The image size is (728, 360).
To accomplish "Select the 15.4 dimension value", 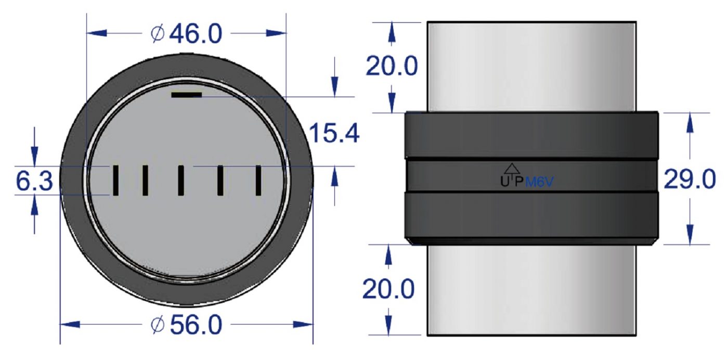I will [334, 134].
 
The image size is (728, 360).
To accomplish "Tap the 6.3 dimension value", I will [34, 182].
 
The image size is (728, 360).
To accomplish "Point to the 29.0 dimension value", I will [690, 181].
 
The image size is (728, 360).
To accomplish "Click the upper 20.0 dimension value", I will [392, 67].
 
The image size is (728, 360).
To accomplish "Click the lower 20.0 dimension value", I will [388, 289].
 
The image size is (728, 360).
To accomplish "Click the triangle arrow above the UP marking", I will [512, 168].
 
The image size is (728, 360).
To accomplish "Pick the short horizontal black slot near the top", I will [186, 95].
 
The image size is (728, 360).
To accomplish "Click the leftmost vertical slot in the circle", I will [116, 180].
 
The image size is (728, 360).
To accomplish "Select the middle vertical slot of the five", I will [180, 180].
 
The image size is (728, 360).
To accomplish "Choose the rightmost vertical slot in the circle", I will [258, 180].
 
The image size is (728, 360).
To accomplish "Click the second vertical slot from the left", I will [146, 180].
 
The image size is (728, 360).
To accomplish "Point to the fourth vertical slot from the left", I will [221, 180].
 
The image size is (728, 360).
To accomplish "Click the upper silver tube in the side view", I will [531, 66].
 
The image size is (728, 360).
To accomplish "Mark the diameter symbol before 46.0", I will [157, 34].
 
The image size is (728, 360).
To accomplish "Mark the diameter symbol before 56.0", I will [157, 326].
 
